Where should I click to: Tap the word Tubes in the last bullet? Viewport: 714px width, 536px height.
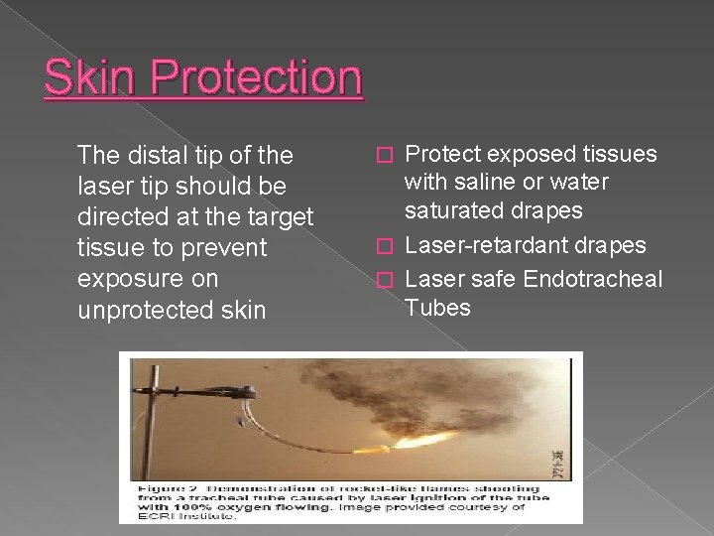(438, 308)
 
